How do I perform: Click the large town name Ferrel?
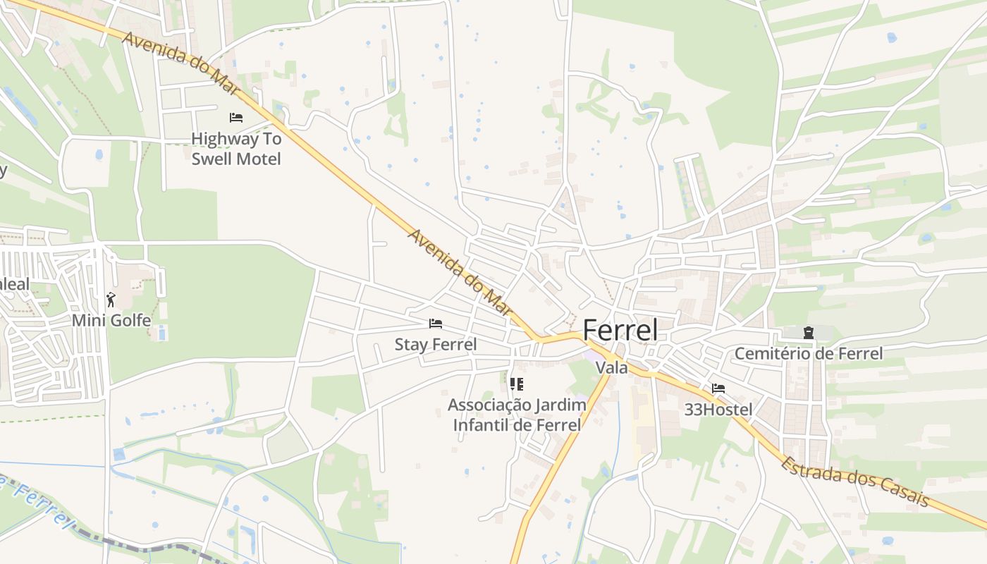[x=620, y=331]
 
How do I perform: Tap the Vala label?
[x=611, y=367]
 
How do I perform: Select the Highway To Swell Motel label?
[x=236, y=149]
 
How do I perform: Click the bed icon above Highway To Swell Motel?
[x=236, y=118]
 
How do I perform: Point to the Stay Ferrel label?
[x=435, y=345]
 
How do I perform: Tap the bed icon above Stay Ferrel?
[x=436, y=324]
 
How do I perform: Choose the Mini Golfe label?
[x=111, y=321]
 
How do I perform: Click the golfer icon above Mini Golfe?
[x=111, y=299]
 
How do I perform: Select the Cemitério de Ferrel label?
[x=808, y=353]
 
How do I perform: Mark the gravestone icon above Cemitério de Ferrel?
[x=808, y=332]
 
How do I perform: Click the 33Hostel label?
[x=718, y=410]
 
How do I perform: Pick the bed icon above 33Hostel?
[x=718, y=388]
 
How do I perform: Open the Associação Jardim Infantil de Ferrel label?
[x=517, y=415]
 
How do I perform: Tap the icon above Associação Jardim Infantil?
[x=517, y=384]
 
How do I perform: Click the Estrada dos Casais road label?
[x=855, y=483]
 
